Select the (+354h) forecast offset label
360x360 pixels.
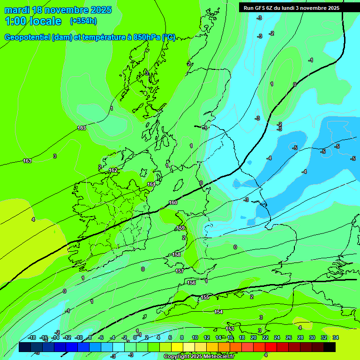click(x=83, y=21)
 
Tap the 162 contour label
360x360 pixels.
click(x=113, y=170)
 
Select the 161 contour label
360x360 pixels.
click(x=151, y=184)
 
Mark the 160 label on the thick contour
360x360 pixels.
click(x=173, y=202)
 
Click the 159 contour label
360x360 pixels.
click(x=180, y=228)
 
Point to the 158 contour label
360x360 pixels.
click(x=176, y=255)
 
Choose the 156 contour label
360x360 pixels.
click(x=191, y=283)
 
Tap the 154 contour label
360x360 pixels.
click(x=218, y=312)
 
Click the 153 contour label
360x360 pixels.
click(x=230, y=329)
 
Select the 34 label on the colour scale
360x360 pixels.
click(x=336, y=337)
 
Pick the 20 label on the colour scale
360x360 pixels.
click(x=254, y=337)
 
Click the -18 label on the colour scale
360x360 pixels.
click(x=32, y=337)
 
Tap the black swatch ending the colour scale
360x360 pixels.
click(x=330, y=347)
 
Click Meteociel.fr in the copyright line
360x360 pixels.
click(x=216, y=357)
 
